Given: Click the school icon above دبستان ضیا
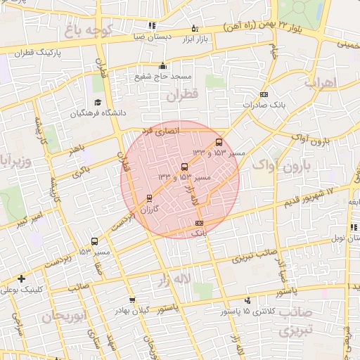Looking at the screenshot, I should tap(153, 25).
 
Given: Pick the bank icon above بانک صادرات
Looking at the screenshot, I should tap(264, 94).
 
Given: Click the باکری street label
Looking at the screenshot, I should tap(82, 171).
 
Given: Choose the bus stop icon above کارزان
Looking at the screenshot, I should tap(148, 198).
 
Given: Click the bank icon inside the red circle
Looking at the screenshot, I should tap(198, 223).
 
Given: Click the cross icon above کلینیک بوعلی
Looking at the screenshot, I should tap(22, 278).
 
